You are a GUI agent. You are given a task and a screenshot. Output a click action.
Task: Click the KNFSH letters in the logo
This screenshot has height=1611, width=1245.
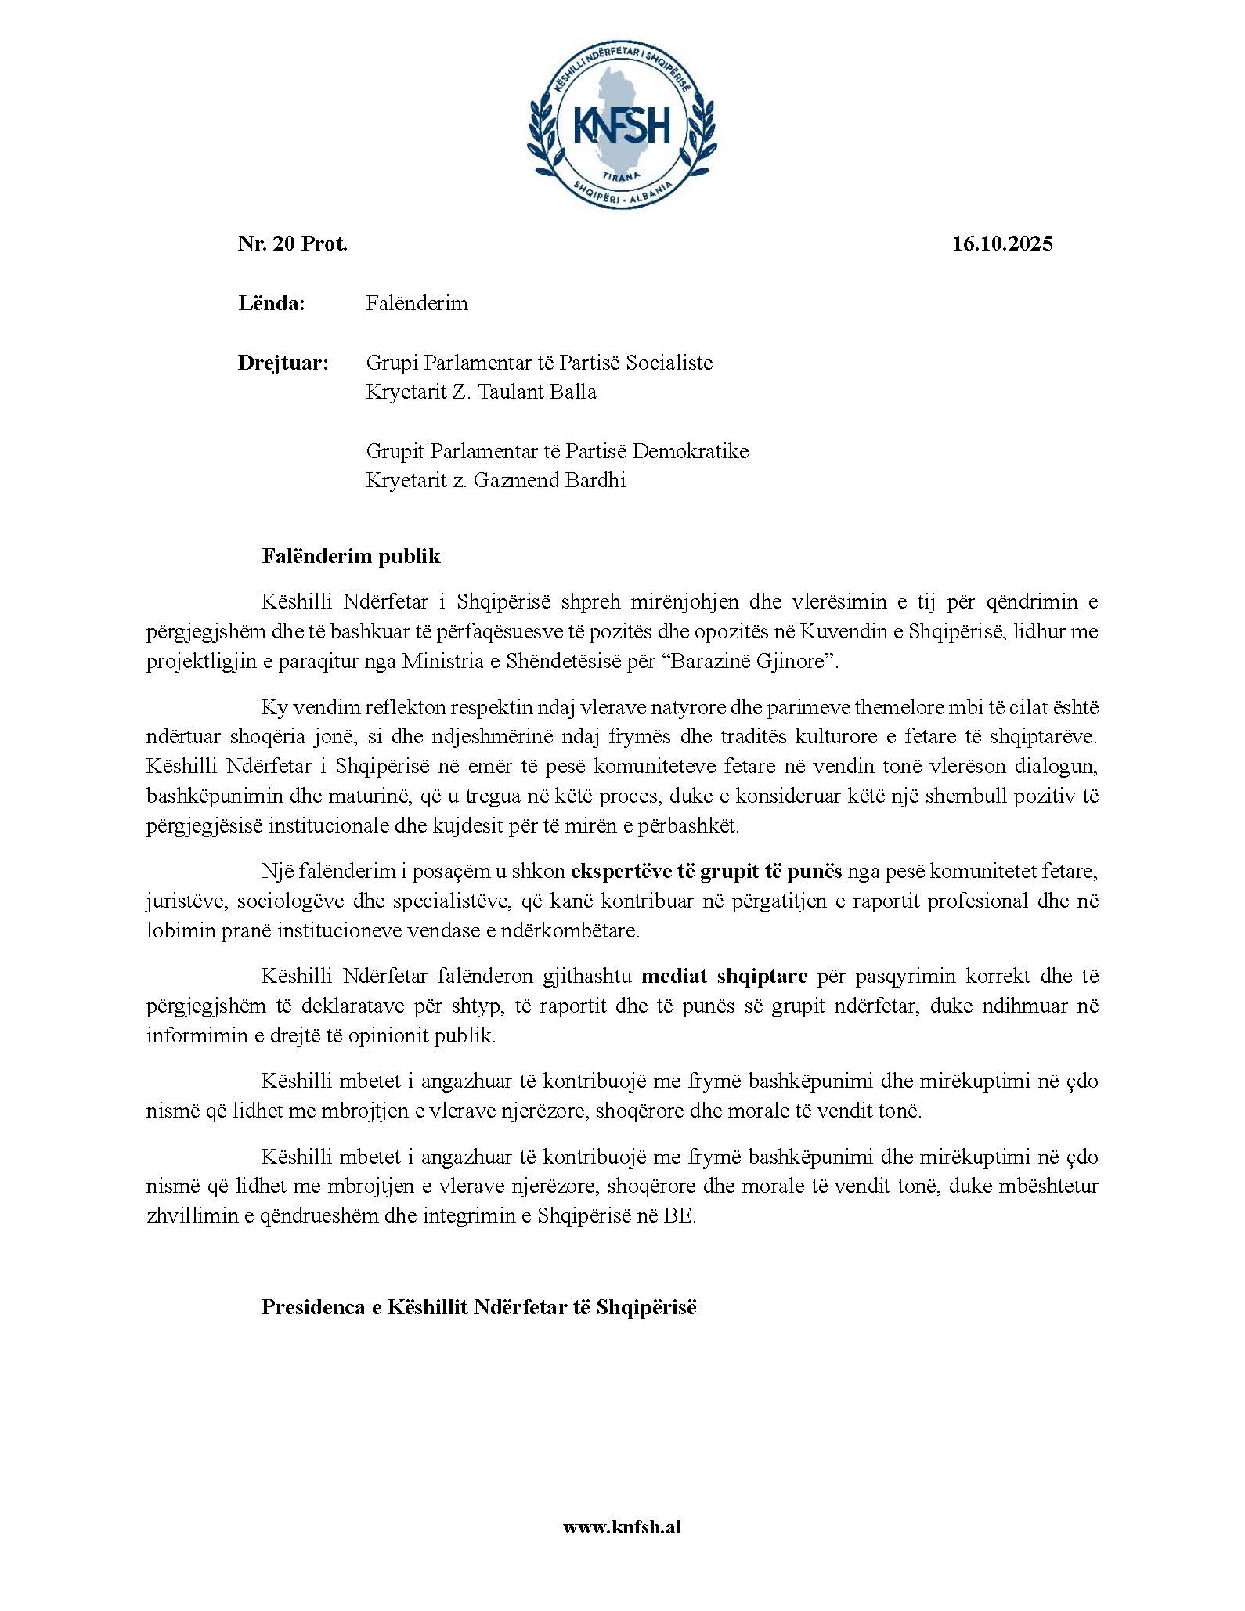[x=622, y=125]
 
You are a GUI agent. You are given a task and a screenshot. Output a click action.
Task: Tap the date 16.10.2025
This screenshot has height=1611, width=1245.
[x=1002, y=244]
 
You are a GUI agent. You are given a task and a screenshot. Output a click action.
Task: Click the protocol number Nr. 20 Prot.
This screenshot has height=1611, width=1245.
[x=293, y=244]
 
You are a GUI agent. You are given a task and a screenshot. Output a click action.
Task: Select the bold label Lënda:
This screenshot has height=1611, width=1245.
[x=271, y=303]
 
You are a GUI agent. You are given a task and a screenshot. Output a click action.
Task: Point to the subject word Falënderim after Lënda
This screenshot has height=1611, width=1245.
[x=417, y=303]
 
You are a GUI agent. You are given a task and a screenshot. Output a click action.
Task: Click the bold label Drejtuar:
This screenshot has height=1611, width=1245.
[x=283, y=363]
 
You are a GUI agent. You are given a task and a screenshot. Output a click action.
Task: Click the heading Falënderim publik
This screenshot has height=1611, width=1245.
[x=351, y=556]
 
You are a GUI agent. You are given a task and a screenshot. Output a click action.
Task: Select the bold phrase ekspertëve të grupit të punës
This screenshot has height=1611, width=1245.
[x=706, y=871]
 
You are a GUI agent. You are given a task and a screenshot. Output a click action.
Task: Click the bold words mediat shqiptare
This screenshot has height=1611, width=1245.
[x=724, y=976]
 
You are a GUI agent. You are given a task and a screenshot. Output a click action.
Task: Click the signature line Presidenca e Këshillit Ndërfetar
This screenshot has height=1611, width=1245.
[x=478, y=1307]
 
